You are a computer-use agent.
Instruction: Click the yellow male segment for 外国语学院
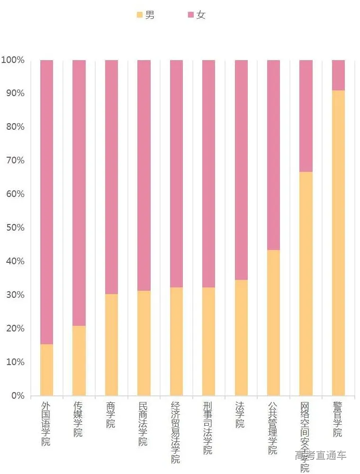pyautogui.click(x=46, y=370)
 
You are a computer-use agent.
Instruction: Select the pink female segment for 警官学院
pyautogui.click(x=338, y=75)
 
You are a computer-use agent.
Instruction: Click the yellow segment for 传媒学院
pyautogui.click(x=79, y=360)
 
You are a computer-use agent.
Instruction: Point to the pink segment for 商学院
pyautogui.click(x=111, y=177)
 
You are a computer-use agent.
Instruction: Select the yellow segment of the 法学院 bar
pyautogui.click(x=241, y=337)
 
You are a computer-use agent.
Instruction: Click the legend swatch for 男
pyautogui.click(x=140, y=15)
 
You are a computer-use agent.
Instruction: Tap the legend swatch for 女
pyautogui.click(x=191, y=15)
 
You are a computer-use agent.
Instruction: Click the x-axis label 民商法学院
pyautogui.click(x=143, y=424)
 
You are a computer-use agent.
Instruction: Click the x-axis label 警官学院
pyautogui.click(x=338, y=420)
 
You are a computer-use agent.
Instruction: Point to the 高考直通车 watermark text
pyautogui.click(x=321, y=456)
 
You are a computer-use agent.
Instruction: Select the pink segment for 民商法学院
pyautogui.click(x=144, y=175)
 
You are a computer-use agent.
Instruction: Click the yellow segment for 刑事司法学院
pyautogui.click(x=208, y=341)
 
